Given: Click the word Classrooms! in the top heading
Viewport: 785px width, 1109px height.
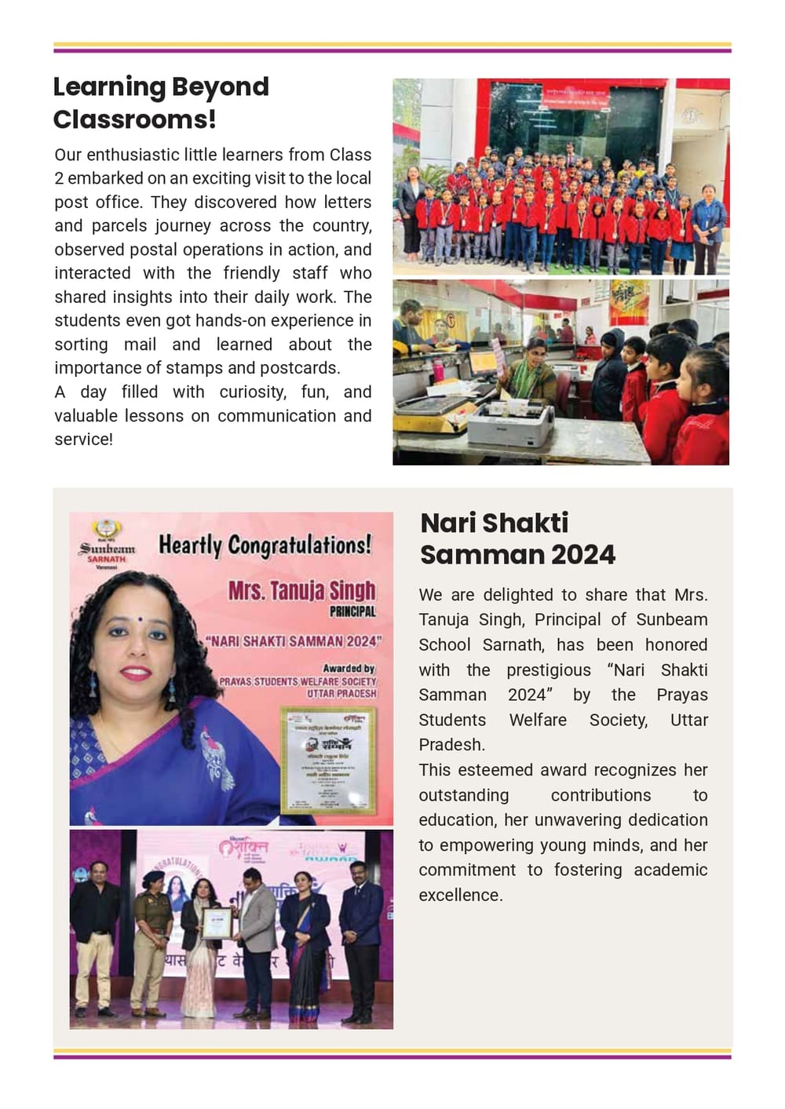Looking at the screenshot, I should tap(134, 119).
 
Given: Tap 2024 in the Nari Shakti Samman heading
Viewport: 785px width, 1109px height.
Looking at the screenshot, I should tap(582, 555).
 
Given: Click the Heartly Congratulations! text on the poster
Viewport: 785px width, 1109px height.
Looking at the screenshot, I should tap(265, 545).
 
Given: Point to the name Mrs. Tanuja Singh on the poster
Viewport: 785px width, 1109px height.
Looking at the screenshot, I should tap(301, 590).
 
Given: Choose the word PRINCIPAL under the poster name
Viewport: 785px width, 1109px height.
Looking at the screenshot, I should tap(352, 611).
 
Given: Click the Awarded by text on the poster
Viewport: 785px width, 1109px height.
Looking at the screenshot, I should tap(349, 668).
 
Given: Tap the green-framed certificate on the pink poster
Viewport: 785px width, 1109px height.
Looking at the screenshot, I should tap(329, 758).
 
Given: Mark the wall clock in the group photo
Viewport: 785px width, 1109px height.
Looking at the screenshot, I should tap(691, 115).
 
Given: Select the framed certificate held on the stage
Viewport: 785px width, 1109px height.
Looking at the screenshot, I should tap(217, 923).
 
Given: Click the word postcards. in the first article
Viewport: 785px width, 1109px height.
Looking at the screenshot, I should tap(302, 368).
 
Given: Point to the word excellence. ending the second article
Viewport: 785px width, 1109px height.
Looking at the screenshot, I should tap(460, 896).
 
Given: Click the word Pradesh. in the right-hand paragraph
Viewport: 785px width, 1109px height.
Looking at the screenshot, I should tap(451, 745).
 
